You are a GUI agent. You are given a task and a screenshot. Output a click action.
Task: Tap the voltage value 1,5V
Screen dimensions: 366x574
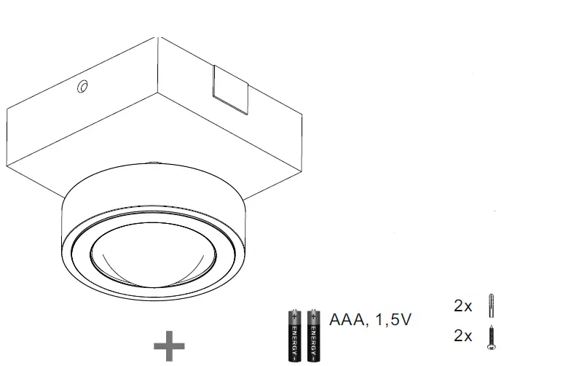coord(394,319)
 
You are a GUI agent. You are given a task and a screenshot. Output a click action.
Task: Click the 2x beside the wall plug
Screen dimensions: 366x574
coord(463,306)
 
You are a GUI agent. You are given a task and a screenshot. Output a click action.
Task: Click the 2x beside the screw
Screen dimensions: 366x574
coord(463,336)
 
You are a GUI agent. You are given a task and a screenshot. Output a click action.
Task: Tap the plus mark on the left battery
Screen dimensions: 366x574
coord(294,316)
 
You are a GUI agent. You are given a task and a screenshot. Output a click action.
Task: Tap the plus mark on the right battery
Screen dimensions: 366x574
coord(313,316)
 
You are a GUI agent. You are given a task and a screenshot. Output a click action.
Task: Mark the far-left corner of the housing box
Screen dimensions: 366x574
coord(7,109)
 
